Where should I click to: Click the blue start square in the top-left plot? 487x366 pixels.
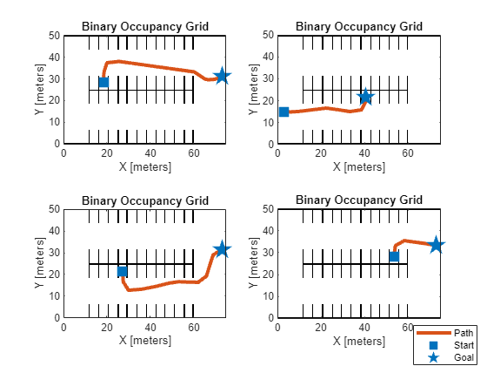click(103, 82)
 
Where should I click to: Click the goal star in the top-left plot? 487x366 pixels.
click(222, 77)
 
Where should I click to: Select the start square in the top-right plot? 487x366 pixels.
click(284, 112)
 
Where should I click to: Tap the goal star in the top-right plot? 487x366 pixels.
click(365, 97)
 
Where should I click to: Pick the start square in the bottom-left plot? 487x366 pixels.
click(122, 272)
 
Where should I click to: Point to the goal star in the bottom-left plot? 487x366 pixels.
click(222, 250)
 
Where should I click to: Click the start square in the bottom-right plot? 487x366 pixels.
click(394, 256)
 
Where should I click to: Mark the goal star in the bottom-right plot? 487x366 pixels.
click(436, 246)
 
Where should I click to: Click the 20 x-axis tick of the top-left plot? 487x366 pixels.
click(107, 153)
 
